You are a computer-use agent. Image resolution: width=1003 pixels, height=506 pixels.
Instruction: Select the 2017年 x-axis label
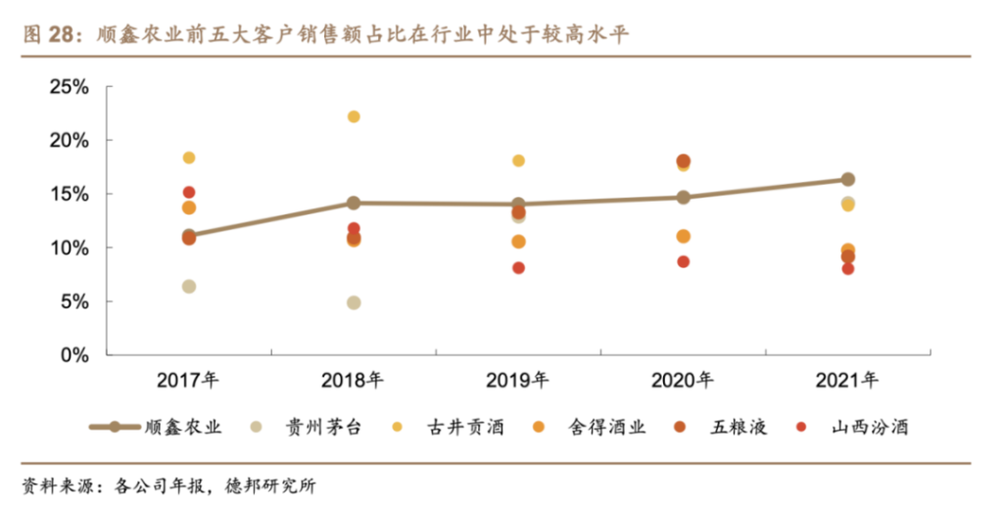(189, 380)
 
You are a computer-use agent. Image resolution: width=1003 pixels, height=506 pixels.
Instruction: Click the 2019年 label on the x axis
(518, 380)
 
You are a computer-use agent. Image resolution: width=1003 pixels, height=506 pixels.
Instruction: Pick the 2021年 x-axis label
(847, 380)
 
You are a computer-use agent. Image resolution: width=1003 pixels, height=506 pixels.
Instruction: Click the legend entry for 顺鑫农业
(157, 427)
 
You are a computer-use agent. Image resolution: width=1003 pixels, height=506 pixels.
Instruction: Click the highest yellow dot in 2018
(354, 117)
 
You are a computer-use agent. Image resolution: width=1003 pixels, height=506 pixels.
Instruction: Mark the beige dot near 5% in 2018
(354, 303)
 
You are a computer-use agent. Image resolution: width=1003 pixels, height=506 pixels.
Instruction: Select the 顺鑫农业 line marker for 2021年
(848, 179)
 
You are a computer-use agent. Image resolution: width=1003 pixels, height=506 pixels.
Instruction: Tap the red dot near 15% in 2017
(189, 193)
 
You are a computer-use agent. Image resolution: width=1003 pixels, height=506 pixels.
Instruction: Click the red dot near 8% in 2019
(518, 268)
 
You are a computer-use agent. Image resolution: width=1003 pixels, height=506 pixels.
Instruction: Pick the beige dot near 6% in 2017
(189, 287)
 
